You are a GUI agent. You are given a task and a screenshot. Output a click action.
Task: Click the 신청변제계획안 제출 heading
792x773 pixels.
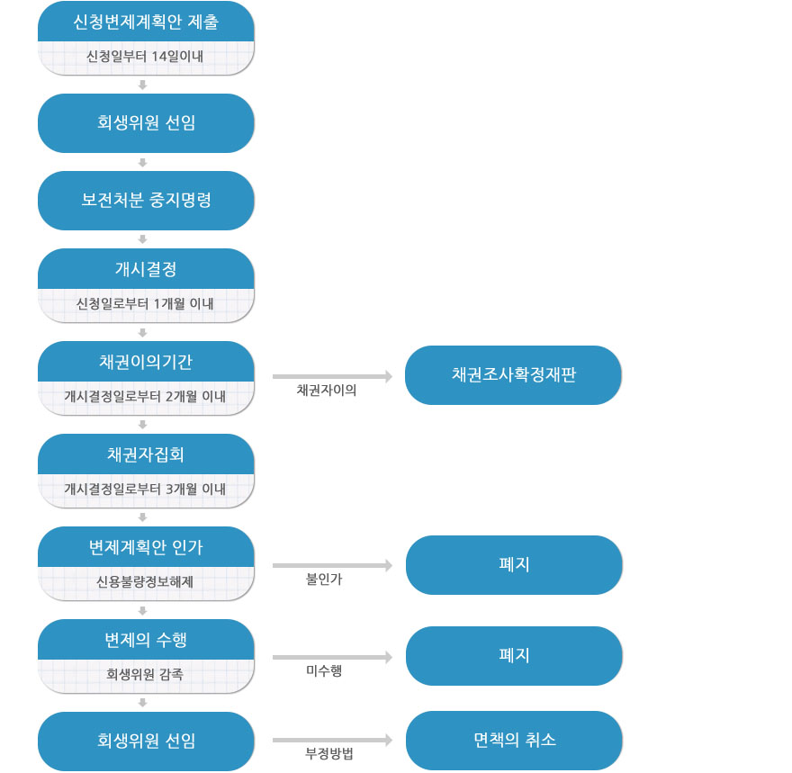coord(146,22)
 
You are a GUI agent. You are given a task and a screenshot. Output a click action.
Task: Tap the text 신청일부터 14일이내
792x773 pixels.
coord(145,56)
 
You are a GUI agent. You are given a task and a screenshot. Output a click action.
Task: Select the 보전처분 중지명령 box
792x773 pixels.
coord(146,201)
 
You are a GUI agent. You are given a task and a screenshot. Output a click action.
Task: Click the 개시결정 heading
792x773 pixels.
coord(146,269)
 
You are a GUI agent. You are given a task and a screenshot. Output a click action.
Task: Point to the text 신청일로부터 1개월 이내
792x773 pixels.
coord(145,303)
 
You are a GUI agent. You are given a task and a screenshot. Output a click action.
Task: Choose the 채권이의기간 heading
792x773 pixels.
coord(146,362)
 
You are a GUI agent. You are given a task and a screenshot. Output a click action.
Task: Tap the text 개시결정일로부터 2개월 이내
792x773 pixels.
coord(145,396)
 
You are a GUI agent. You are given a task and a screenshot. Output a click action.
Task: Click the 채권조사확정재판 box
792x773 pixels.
coord(513,375)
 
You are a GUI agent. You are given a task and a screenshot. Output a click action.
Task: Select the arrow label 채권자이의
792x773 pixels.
coord(327,390)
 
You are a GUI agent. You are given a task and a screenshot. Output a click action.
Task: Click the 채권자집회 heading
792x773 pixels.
coord(146,455)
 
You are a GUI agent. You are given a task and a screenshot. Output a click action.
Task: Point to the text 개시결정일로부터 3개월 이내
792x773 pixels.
coord(145,489)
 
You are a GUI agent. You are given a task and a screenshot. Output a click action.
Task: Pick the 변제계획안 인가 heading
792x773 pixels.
coord(146,547)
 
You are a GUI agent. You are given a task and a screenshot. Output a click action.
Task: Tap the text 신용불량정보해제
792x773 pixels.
coord(145,581)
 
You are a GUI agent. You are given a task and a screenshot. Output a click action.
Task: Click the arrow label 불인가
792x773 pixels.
coord(324,580)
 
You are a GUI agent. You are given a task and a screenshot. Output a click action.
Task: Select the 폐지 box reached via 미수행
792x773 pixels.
coord(514,656)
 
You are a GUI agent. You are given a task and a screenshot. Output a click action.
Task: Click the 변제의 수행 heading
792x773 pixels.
coord(146,640)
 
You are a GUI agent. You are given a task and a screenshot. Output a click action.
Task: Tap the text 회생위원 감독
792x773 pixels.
coord(145,674)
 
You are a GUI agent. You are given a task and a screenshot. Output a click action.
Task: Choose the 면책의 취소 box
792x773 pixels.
coord(514,741)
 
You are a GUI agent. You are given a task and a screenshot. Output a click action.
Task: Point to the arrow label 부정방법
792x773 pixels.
coord(329,754)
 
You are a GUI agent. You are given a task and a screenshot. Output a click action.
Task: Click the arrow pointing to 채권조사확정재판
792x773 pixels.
coord(332,376)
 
